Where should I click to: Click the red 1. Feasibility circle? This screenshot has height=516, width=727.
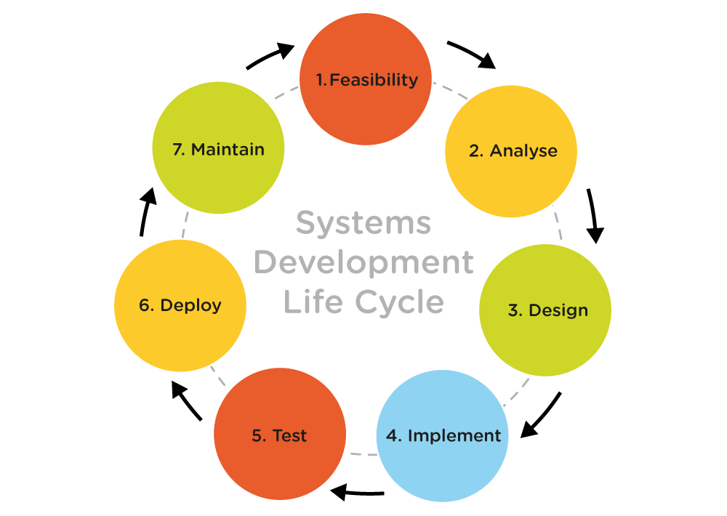[366, 78]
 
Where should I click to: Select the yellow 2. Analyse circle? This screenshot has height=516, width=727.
[511, 151]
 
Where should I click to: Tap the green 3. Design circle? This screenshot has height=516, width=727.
[545, 310]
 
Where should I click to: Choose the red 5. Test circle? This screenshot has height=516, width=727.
[279, 435]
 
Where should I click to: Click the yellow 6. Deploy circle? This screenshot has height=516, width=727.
[180, 305]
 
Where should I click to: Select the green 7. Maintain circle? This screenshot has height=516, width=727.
[218, 149]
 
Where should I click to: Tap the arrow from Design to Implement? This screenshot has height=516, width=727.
[542, 416]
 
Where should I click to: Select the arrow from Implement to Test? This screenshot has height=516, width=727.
[356, 493]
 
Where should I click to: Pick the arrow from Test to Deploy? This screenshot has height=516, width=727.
[187, 401]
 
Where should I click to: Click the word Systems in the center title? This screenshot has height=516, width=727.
[363, 223]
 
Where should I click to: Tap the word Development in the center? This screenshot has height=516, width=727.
[363, 262]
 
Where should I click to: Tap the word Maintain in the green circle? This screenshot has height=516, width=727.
[228, 150]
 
